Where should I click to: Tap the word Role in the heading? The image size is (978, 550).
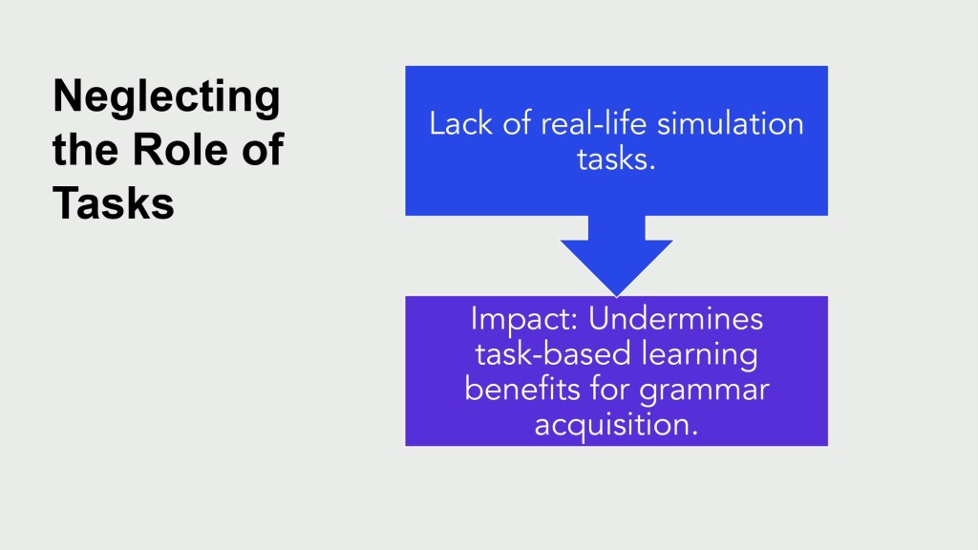[180, 150]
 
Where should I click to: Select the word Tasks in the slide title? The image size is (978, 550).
[114, 203]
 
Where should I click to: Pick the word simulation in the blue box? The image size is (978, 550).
[731, 123]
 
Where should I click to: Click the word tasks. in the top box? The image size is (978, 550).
[616, 159]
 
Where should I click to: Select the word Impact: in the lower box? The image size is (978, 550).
[524, 320]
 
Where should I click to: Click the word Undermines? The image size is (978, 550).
[675, 319]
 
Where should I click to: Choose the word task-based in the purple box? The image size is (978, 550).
[554, 354]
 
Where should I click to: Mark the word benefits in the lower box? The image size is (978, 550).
[522, 390]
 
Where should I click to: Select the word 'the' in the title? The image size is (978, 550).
[85, 150]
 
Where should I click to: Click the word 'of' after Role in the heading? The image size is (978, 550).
[263, 150]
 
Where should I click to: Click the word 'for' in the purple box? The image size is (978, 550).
[610, 390]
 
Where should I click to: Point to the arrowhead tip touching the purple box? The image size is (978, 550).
[616, 296]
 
